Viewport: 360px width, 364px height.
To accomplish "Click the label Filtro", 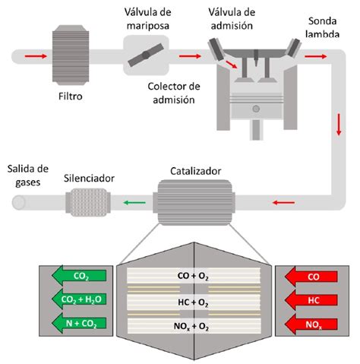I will (71, 97).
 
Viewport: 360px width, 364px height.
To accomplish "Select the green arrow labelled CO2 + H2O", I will (76, 299).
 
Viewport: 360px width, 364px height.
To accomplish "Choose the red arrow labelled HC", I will (307, 299).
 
